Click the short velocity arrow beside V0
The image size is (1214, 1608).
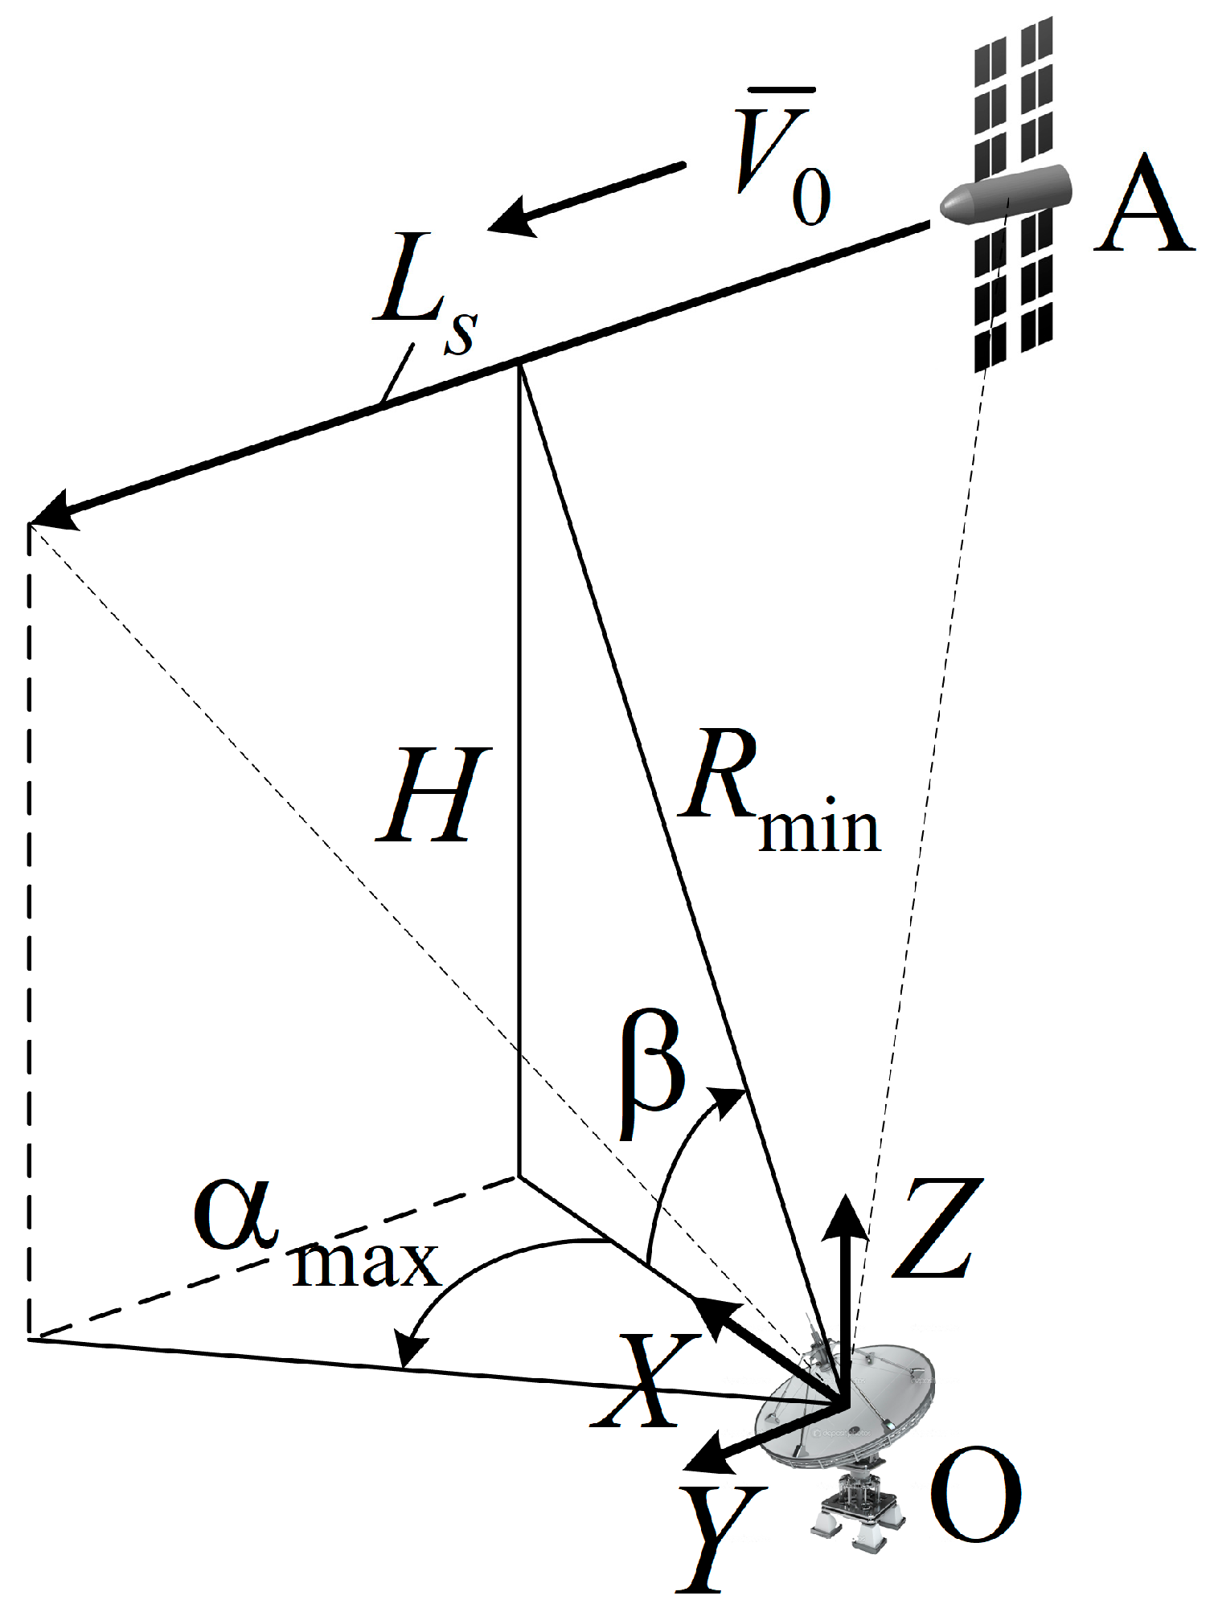click(x=587, y=198)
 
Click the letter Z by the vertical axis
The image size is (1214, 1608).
click(x=937, y=1230)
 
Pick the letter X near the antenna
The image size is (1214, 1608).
click(x=643, y=1382)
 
